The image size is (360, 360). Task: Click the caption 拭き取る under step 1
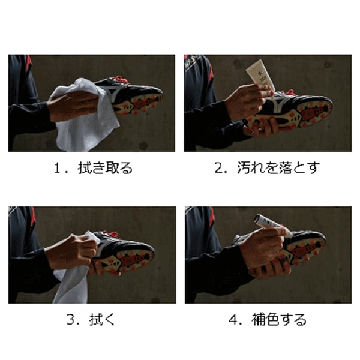[x=105, y=168]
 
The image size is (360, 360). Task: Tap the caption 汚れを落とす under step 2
[x=278, y=168]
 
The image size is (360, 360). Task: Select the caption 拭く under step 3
[x=102, y=319]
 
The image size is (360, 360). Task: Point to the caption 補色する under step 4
[x=279, y=319]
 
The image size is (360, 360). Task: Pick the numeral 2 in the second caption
[x=218, y=168]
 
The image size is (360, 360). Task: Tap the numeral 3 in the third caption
[x=70, y=320]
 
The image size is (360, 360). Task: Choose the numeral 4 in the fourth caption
[x=233, y=320]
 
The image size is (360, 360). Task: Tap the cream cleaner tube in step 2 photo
[x=259, y=74]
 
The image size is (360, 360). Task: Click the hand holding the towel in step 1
[x=73, y=106]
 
